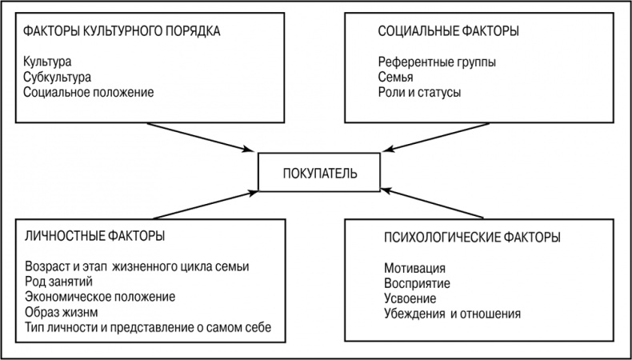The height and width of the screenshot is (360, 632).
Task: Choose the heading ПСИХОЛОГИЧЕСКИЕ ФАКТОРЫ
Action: click(472, 238)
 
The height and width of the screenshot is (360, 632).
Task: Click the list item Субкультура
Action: click(58, 77)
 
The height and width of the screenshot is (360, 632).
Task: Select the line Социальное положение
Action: click(88, 92)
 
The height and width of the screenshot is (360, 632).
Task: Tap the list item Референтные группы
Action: click(436, 62)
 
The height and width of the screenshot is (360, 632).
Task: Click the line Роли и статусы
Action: click(420, 92)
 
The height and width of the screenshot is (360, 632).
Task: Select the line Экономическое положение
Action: click(99, 297)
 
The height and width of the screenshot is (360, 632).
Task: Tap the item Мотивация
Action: click(414, 268)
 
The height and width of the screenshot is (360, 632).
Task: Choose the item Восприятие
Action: click(417, 283)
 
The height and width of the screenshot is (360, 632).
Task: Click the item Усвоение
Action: click(410, 298)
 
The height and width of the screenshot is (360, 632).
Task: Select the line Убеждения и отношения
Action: click(452, 314)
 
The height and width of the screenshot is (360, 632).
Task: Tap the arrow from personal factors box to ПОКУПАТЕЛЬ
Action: click(203, 203)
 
